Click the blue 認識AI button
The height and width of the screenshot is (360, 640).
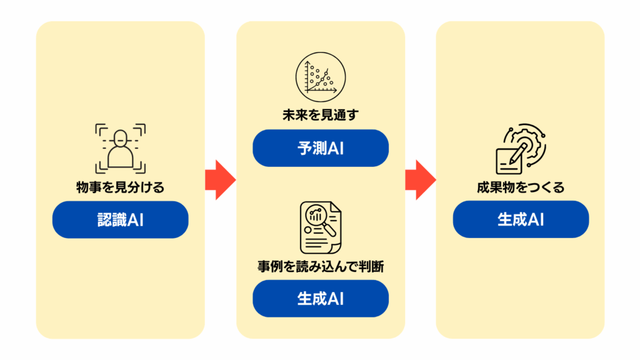click(x=120, y=219)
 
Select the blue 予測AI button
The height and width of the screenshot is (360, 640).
click(x=320, y=148)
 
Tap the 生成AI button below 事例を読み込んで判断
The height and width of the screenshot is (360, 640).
click(x=320, y=298)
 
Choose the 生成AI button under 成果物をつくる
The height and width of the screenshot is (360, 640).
click(x=521, y=219)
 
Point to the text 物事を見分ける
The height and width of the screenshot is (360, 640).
click(x=120, y=187)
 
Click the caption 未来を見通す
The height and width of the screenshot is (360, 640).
click(x=320, y=115)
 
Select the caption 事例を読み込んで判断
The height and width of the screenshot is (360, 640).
click(x=320, y=266)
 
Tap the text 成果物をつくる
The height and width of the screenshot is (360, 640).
click(x=521, y=187)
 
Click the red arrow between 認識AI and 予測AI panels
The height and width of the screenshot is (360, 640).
click(x=220, y=180)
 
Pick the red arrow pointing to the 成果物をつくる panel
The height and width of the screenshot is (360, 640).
click(x=420, y=180)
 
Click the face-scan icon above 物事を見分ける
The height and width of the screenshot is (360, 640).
click(x=120, y=148)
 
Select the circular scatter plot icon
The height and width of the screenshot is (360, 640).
click(x=320, y=77)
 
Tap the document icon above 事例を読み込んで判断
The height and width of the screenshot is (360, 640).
click(x=320, y=226)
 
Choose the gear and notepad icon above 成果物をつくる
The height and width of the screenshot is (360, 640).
click(x=521, y=148)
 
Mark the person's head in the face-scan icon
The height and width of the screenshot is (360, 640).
click(x=120, y=138)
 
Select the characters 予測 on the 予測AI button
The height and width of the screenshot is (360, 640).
click(x=310, y=148)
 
